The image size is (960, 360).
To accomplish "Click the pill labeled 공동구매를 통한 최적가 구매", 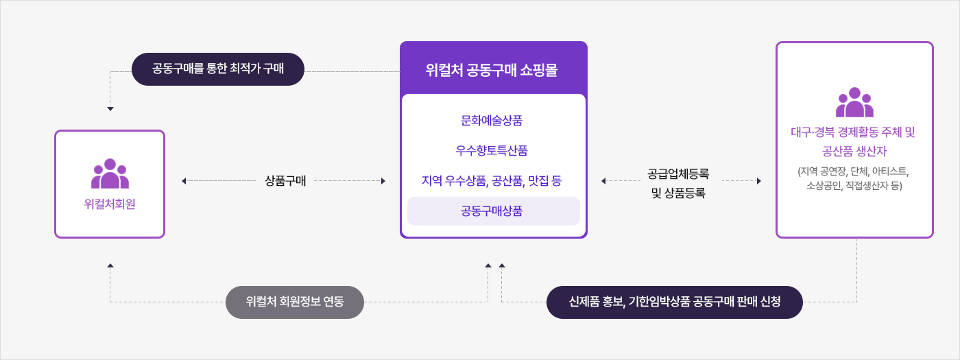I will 217,69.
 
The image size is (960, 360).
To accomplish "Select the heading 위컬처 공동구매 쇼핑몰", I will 492,69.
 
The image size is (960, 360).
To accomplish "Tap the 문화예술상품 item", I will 492,121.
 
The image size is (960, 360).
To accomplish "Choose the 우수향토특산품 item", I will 492,151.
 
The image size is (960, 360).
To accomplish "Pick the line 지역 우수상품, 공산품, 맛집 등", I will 492,181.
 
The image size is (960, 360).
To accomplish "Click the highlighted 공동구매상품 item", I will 492,211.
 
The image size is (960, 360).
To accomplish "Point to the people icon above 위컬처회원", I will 110,174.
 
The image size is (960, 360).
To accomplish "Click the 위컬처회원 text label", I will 110,204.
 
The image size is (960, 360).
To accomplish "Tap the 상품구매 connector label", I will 285,181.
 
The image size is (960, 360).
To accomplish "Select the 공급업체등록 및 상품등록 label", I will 678,183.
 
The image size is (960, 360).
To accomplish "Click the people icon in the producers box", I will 854,102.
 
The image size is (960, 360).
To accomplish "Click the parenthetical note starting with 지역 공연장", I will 854,178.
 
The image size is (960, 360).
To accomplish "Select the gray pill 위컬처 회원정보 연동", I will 295,302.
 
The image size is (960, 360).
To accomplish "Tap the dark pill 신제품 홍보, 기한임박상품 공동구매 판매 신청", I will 675,302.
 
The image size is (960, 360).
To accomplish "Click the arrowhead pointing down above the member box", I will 110,108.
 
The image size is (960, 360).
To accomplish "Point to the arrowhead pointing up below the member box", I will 110,265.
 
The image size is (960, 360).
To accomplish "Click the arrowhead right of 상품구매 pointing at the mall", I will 383,181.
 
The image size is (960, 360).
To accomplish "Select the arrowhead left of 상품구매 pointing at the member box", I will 184,181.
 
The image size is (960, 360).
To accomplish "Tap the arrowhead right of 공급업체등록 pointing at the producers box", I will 759,181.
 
